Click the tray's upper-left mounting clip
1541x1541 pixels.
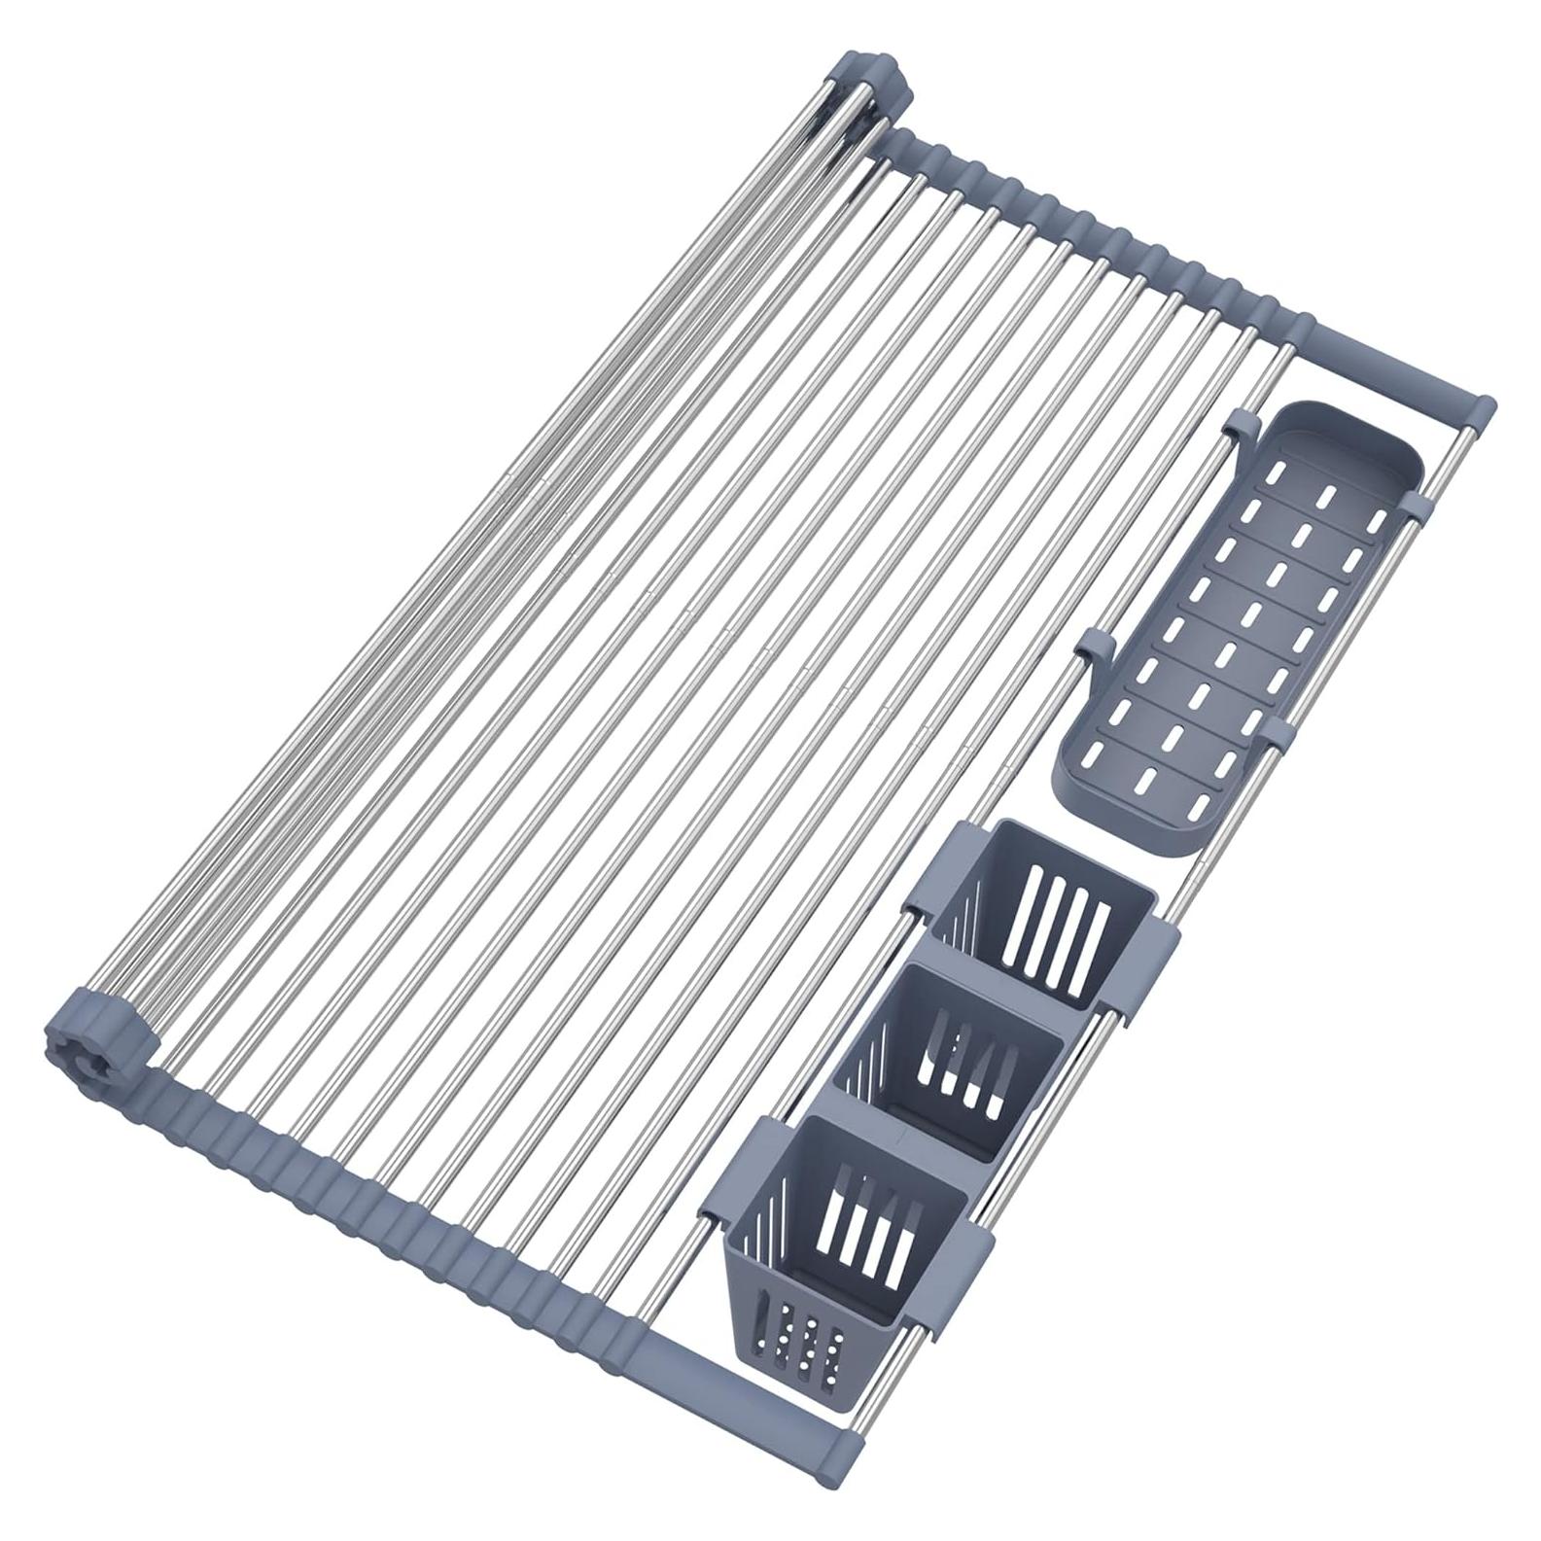pos(1241,426)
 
